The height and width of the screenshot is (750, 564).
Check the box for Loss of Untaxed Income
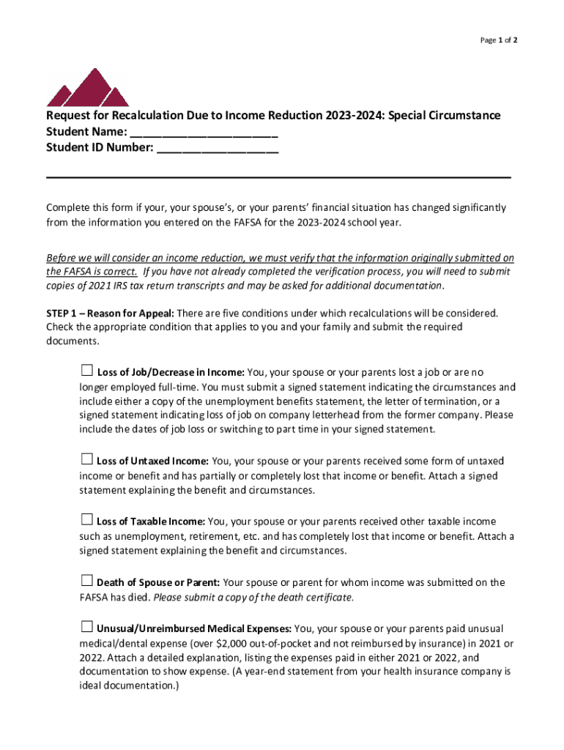coord(86,459)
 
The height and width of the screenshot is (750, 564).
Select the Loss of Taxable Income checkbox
coord(86,520)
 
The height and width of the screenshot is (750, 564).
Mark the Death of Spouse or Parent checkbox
coord(86,581)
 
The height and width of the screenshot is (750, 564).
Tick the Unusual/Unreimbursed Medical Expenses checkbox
coord(86,627)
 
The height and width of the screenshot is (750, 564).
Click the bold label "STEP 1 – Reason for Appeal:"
coord(110,313)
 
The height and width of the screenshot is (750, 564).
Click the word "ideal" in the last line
coord(94,686)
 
